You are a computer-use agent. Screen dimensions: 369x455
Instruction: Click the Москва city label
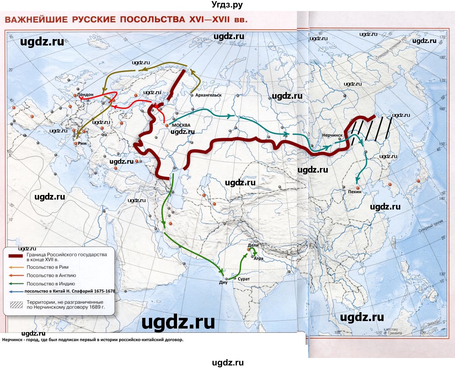(x=181, y=125)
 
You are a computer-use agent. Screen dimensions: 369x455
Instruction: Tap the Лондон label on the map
(x=85, y=95)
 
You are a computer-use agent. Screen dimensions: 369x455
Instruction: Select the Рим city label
(x=82, y=143)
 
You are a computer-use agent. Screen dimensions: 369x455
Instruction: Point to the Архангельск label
(x=208, y=95)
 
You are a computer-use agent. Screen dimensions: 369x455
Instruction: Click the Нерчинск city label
(x=332, y=135)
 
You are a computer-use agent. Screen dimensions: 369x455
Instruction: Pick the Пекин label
(x=354, y=192)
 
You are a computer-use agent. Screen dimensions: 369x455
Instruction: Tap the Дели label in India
(x=253, y=245)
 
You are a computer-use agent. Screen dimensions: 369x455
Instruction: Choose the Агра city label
(x=258, y=259)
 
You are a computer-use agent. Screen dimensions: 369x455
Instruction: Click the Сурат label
(x=244, y=279)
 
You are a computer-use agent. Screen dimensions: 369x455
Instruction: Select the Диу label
(x=223, y=283)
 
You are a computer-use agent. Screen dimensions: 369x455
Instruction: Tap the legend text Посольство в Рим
(x=48, y=267)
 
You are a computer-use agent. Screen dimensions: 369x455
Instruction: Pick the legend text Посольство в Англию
(x=51, y=275)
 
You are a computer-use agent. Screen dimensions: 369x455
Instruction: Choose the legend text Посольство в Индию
(x=51, y=284)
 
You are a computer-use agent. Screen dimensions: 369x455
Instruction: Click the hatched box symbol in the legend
(x=16, y=305)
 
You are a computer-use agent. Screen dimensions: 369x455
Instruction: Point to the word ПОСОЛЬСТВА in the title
(x=152, y=20)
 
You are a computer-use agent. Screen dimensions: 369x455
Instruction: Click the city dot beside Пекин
(x=358, y=188)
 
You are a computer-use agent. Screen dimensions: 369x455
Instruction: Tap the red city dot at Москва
(x=166, y=125)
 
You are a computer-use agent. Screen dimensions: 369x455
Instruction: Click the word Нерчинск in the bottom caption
(x=12, y=340)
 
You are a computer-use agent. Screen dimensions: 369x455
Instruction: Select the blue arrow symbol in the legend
(x=16, y=292)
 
